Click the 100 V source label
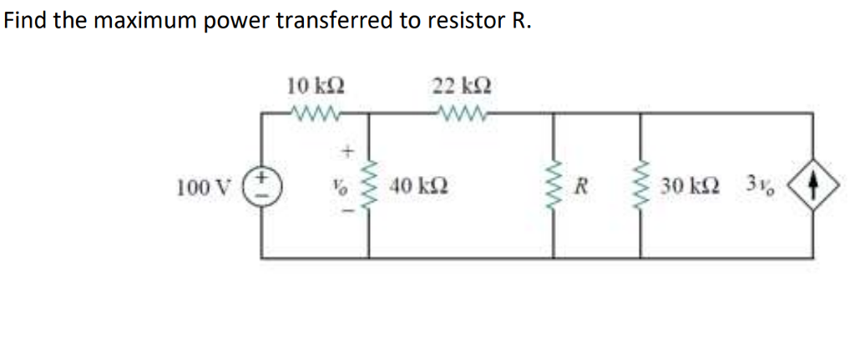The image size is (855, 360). point(198,185)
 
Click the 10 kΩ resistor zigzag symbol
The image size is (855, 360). point(316,113)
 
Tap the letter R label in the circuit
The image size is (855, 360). point(584,185)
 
